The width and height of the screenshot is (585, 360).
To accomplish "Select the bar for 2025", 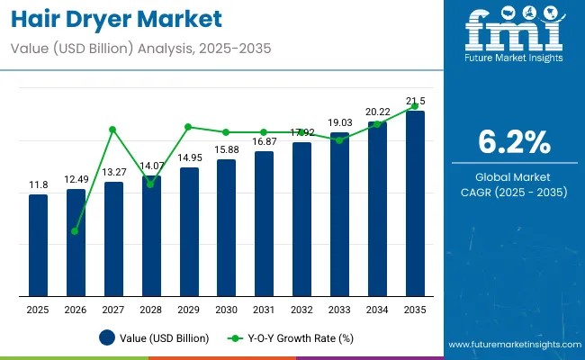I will coord(38,244).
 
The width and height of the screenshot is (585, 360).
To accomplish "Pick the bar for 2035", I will coord(415,202).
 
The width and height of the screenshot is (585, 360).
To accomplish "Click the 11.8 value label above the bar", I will coord(38,184).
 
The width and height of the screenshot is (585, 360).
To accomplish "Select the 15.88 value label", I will coord(226,149).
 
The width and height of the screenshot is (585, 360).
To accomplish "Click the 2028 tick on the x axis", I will coord(151,310).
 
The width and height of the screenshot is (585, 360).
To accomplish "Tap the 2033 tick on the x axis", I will coord(339,310).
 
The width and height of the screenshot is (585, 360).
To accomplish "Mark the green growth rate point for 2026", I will coord(76,231).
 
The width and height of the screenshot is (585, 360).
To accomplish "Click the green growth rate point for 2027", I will coord(113,130).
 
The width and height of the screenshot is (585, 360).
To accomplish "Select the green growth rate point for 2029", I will coord(188,127).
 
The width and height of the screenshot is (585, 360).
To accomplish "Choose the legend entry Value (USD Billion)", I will coord(154,338).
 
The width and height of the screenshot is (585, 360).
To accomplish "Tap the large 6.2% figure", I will coord(513,142).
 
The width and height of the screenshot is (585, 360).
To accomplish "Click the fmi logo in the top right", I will coord(512,36).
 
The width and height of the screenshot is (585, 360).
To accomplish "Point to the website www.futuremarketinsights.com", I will coord(514,345).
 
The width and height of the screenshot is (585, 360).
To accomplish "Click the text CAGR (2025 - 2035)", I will coord(513,192).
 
